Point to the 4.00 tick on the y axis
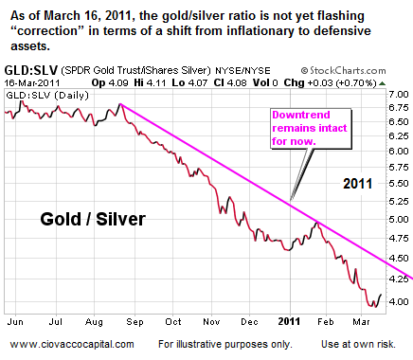[x=399, y=301]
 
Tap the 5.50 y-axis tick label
[x=399, y=198]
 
